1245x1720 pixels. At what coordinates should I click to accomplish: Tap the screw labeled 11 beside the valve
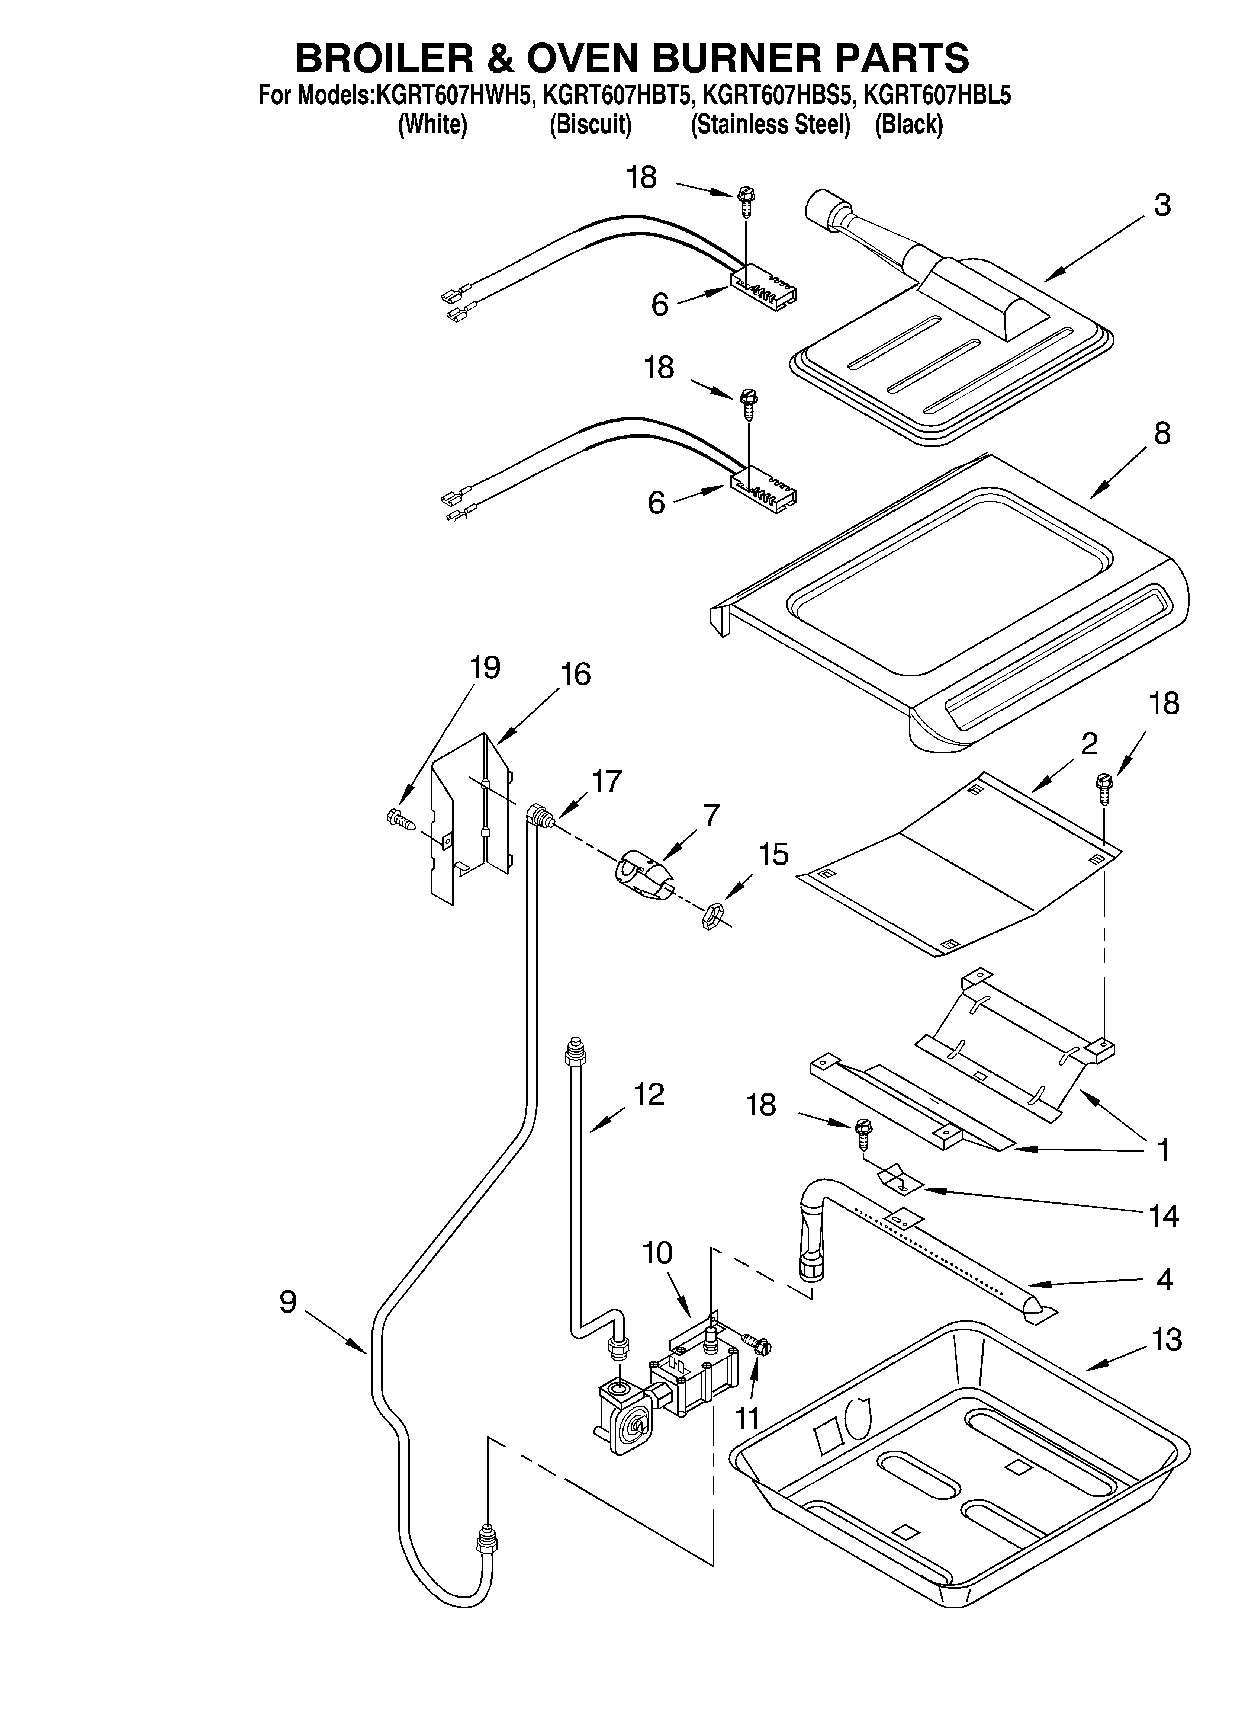pyautogui.click(x=759, y=1347)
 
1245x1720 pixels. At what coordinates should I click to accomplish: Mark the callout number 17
pyautogui.click(x=607, y=780)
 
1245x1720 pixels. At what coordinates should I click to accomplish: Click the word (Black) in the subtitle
pyautogui.click(x=908, y=124)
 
